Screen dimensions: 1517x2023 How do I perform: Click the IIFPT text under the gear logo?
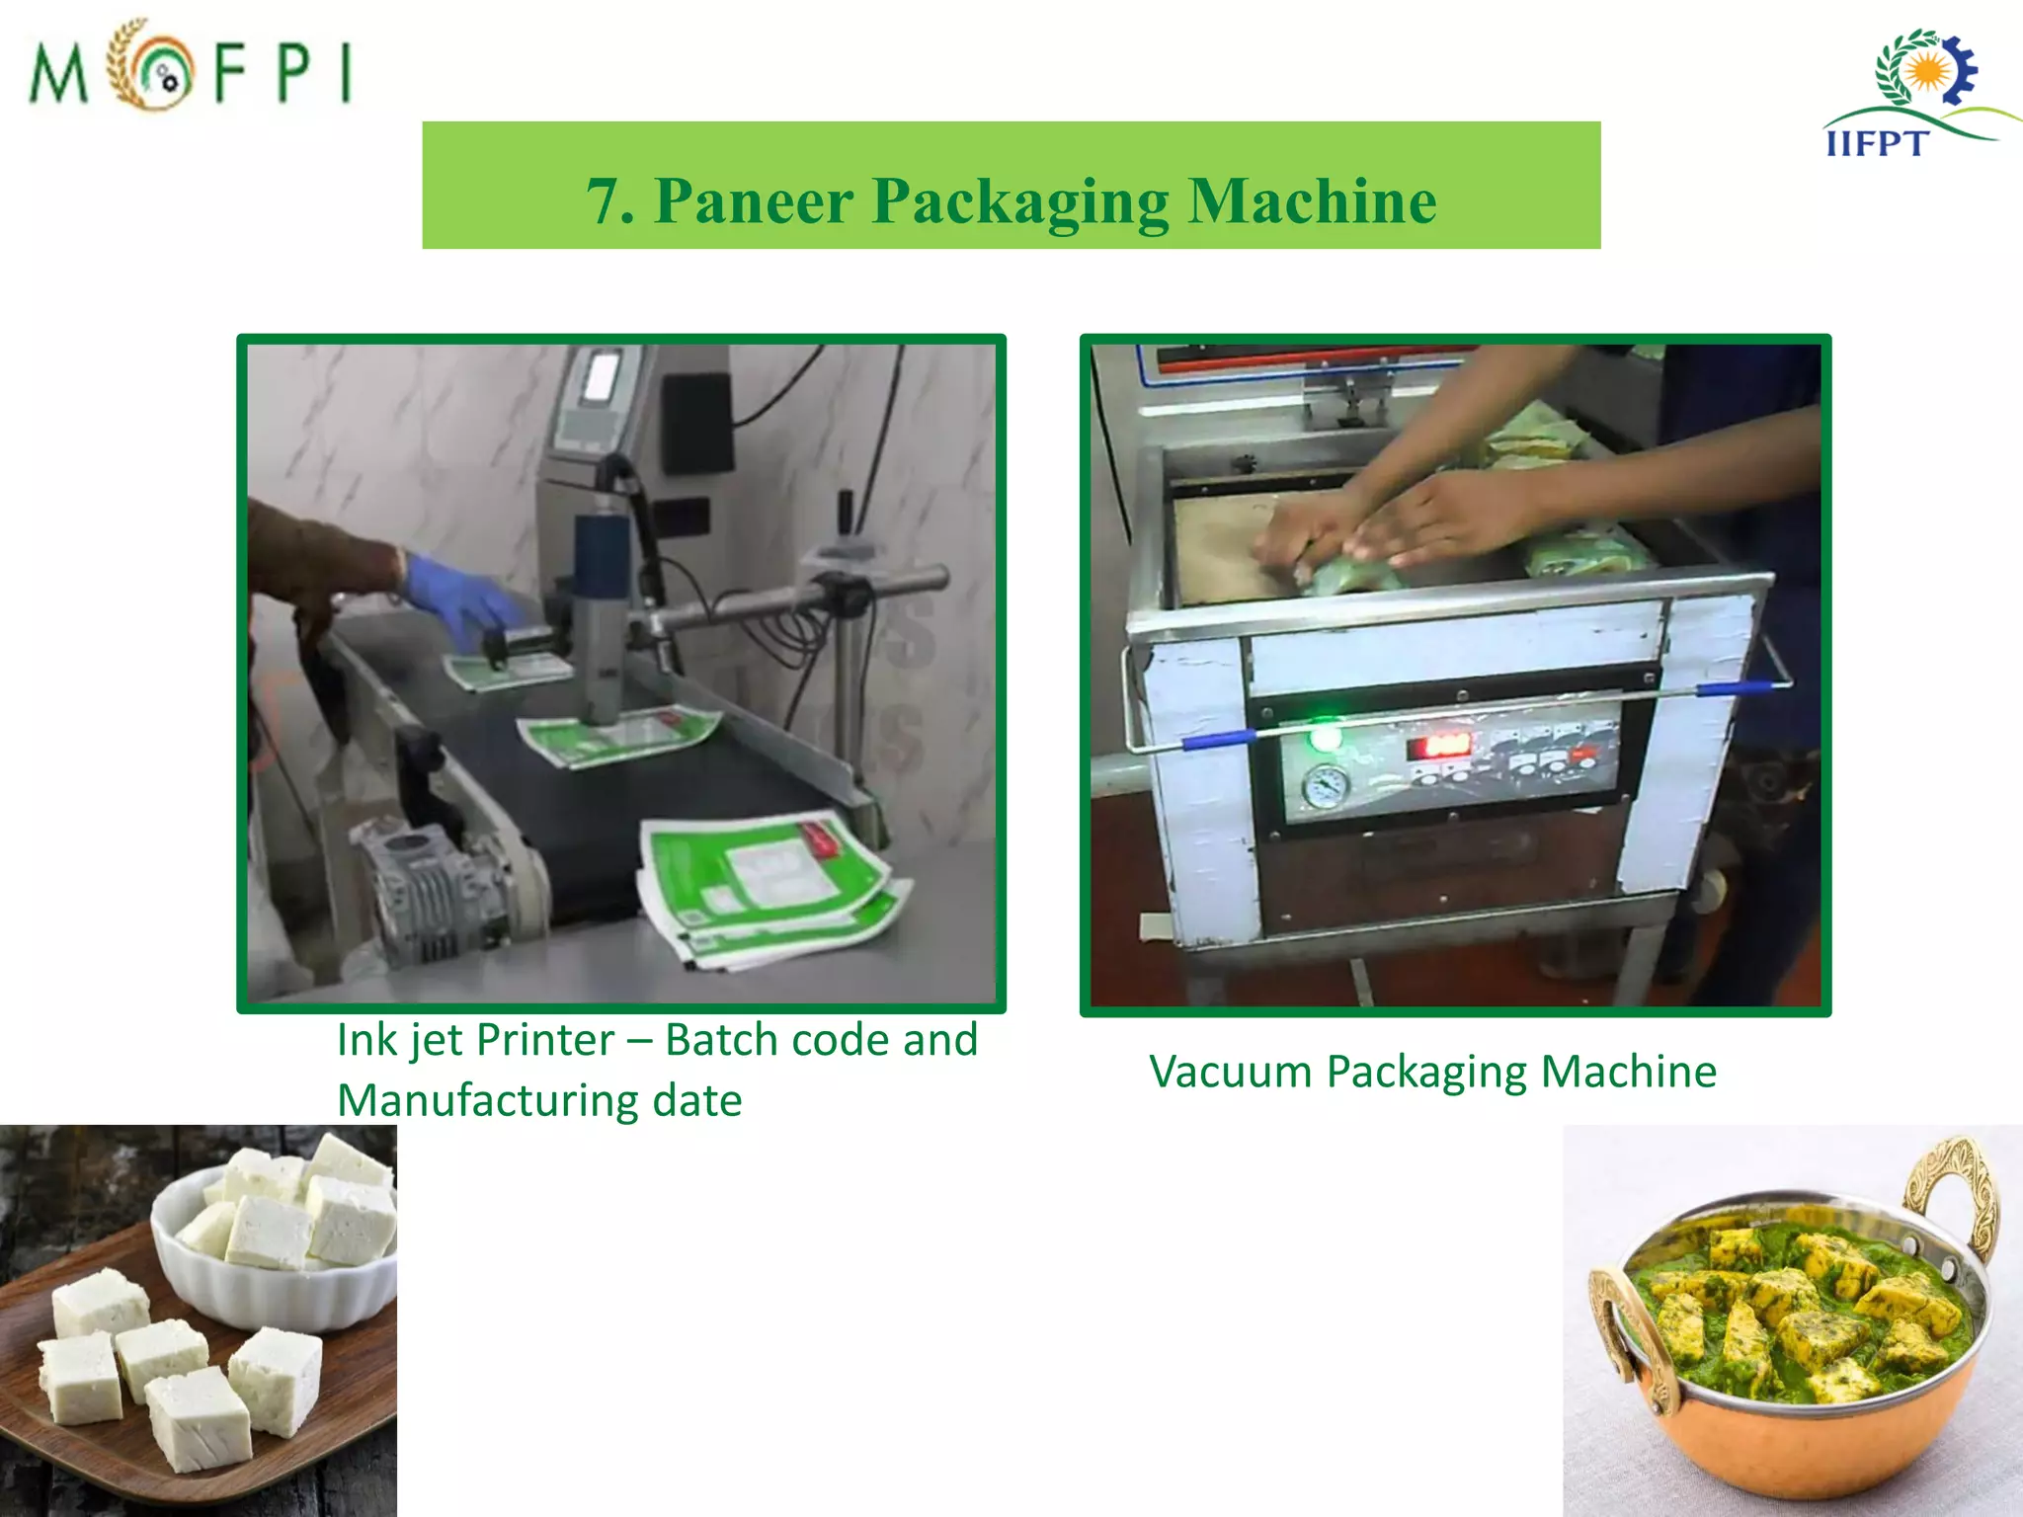[1876, 144]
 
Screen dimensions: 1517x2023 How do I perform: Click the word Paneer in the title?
[754, 201]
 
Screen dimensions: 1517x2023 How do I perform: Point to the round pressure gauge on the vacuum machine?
[1325, 787]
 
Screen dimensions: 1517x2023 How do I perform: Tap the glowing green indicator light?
[1325, 737]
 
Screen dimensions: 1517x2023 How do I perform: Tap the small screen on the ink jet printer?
[600, 377]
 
